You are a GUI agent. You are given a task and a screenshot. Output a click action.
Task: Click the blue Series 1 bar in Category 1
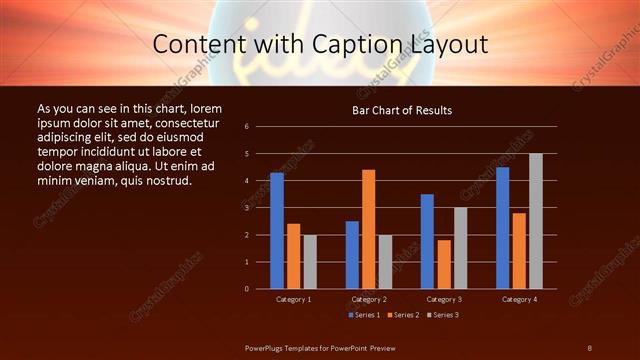click(x=277, y=230)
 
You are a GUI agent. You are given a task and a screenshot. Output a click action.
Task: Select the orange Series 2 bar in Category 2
click(x=369, y=229)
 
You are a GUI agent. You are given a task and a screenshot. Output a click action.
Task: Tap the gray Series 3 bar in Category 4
click(x=536, y=221)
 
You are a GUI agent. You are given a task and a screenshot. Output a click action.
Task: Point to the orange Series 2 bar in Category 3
click(x=444, y=264)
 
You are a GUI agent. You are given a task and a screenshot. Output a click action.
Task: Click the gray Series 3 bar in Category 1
click(x=310, y=261)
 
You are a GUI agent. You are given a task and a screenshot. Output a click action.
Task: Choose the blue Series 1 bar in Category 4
click(x=502, y=227)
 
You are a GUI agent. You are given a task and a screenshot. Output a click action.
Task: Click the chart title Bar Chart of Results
click(x=403, y=110)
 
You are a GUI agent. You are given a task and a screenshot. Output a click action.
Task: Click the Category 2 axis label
click(x=369, y=299)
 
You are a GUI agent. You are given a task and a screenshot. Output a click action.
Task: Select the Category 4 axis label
click(x=518, y=299)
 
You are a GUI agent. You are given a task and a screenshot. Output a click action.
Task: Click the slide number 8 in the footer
click(x=589, y=346)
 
